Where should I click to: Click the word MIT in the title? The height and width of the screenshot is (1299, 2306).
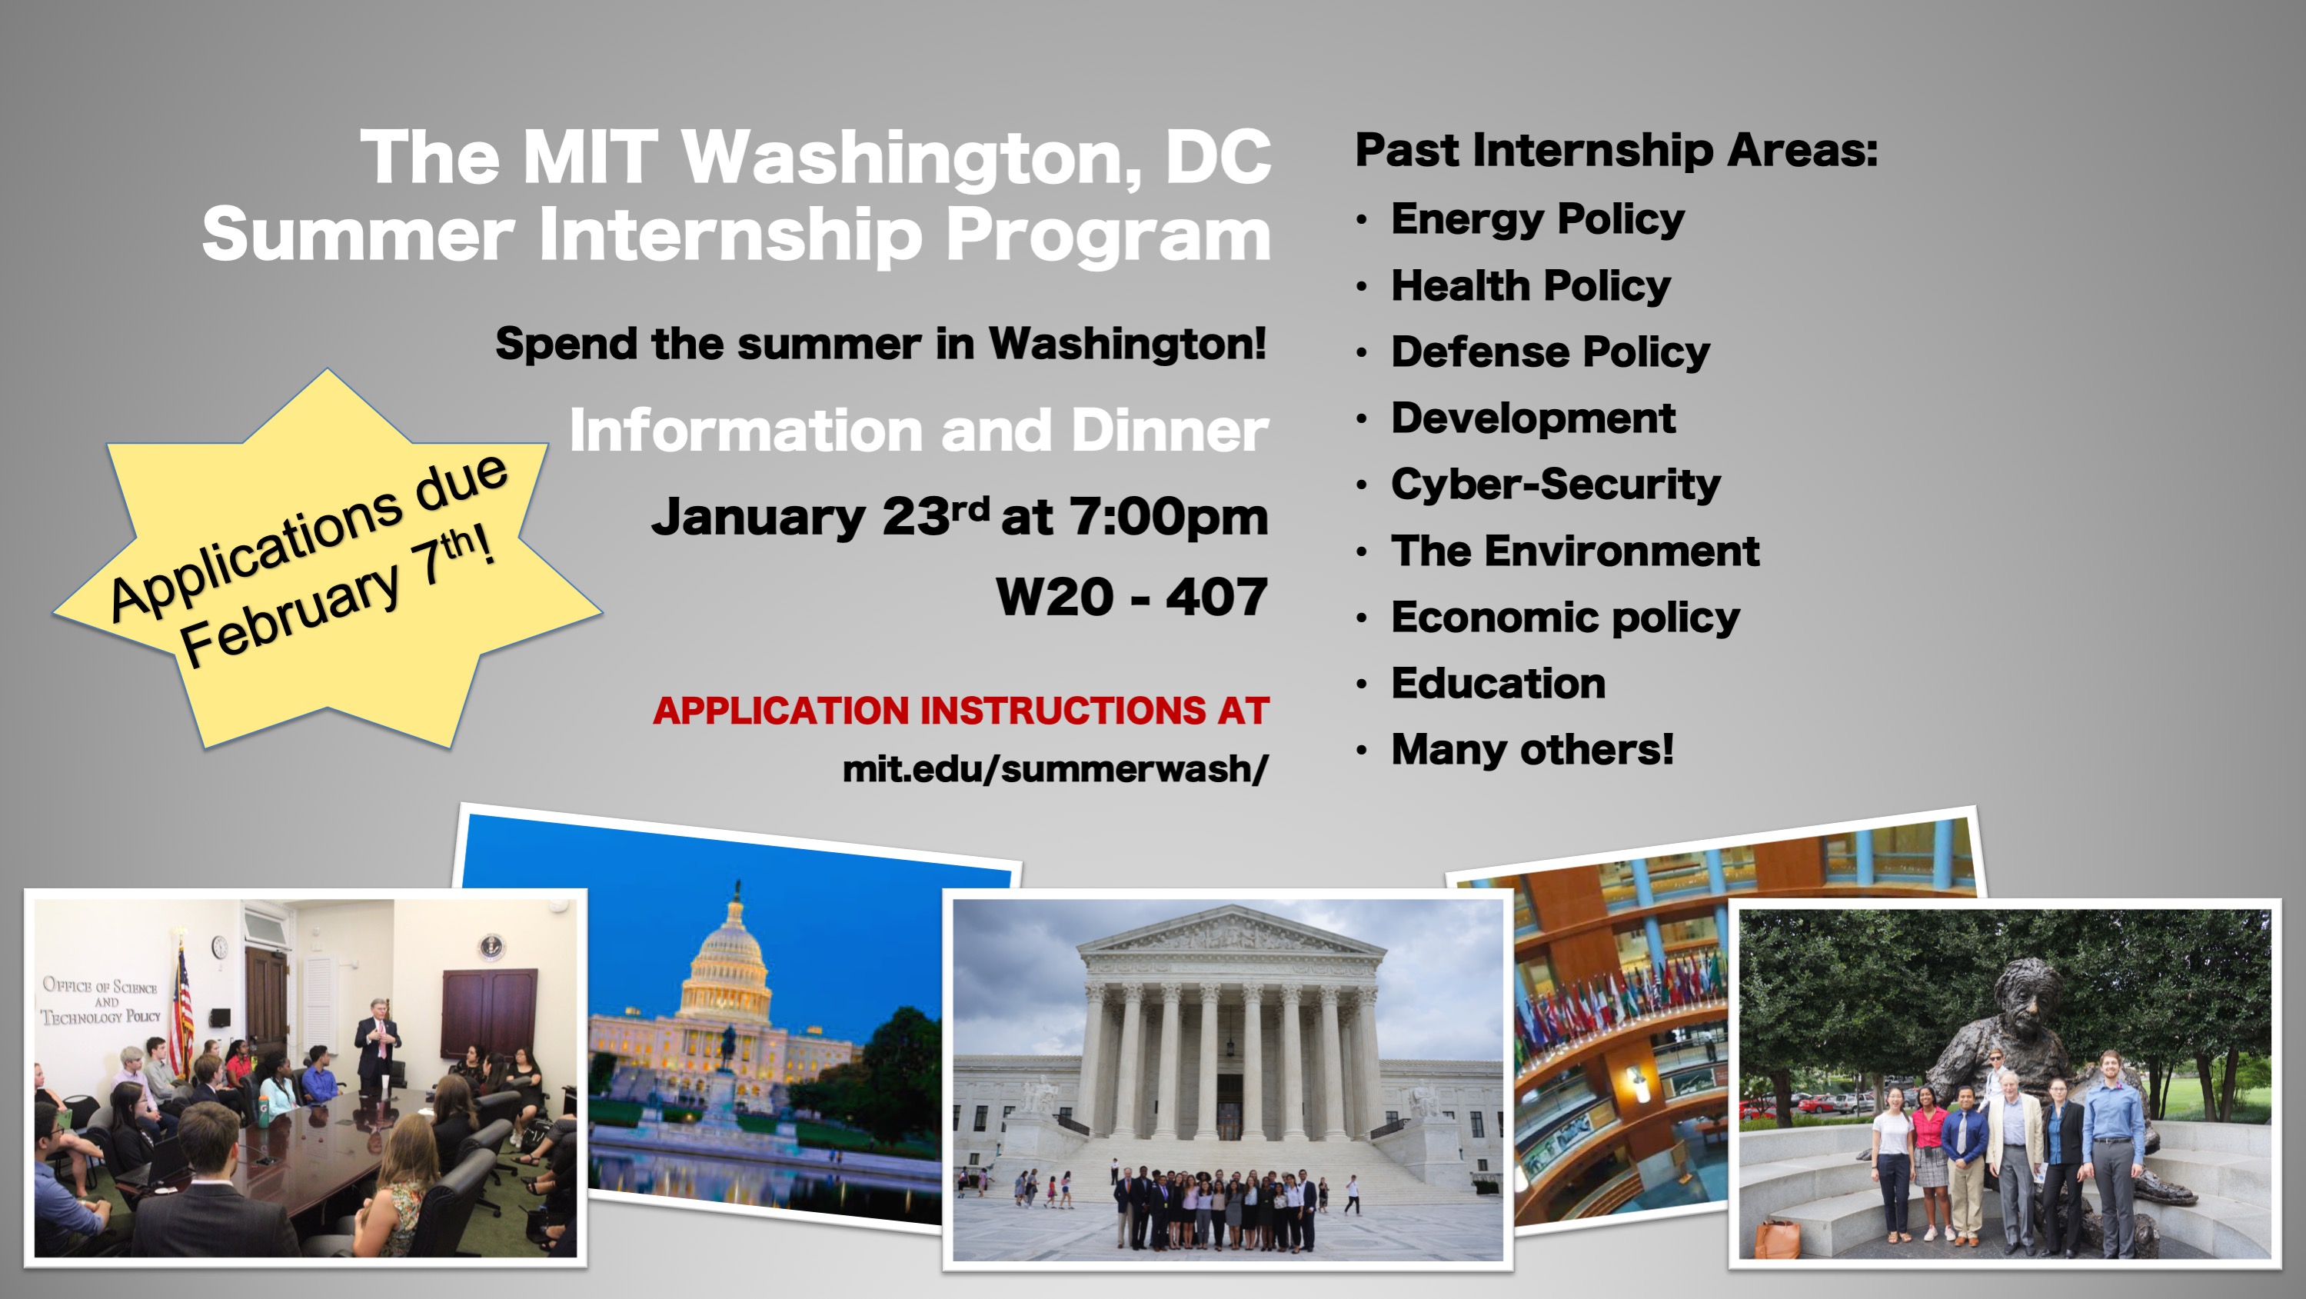590,158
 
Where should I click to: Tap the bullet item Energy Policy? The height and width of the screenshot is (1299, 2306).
1537,220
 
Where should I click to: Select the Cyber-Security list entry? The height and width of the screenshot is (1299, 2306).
1555,485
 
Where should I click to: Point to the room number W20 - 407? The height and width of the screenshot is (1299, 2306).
1132,597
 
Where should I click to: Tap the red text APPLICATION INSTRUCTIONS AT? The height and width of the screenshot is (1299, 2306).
960,711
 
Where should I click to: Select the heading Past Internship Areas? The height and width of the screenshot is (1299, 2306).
1616,149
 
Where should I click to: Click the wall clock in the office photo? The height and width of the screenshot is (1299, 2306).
219,946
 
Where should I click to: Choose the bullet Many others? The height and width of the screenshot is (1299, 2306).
1532,749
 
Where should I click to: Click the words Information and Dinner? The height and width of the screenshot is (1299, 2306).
918,431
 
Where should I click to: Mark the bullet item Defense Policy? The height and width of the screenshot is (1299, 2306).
1549,351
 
